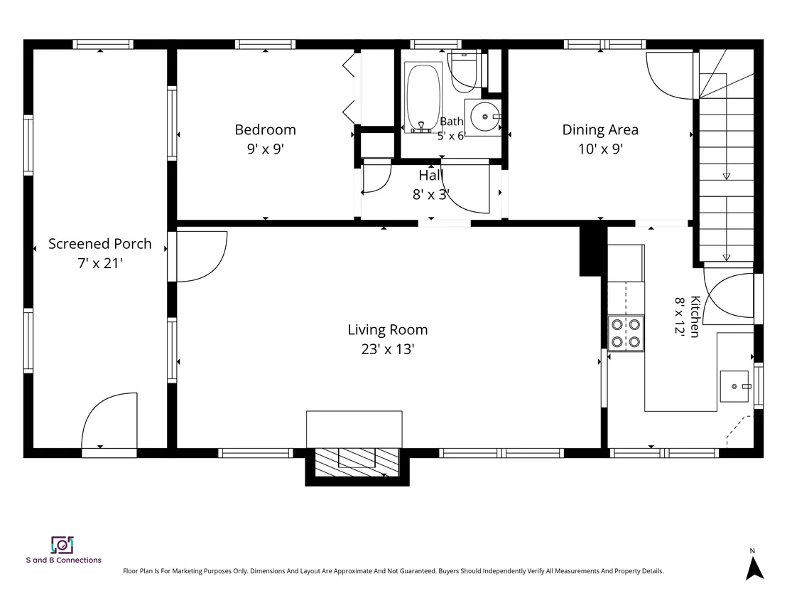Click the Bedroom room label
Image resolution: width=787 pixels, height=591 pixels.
[265, 129]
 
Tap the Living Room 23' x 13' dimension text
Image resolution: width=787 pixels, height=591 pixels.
[388, 348]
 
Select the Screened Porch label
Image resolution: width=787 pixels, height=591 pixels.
[100, 244]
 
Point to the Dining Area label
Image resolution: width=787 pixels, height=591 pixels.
[600, 129]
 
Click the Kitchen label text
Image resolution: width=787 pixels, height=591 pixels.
[695, 316]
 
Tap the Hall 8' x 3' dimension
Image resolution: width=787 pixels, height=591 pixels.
[430, 194]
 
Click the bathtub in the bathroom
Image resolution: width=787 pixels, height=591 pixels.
[423, 97]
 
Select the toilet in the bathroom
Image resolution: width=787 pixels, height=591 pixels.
[467, 72]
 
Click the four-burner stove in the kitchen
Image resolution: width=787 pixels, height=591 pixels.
[625, 333]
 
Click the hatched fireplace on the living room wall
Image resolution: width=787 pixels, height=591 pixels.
[357, 462]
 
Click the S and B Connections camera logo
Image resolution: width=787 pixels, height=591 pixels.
[63, 545]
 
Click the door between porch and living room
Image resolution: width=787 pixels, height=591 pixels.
[201, 256]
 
